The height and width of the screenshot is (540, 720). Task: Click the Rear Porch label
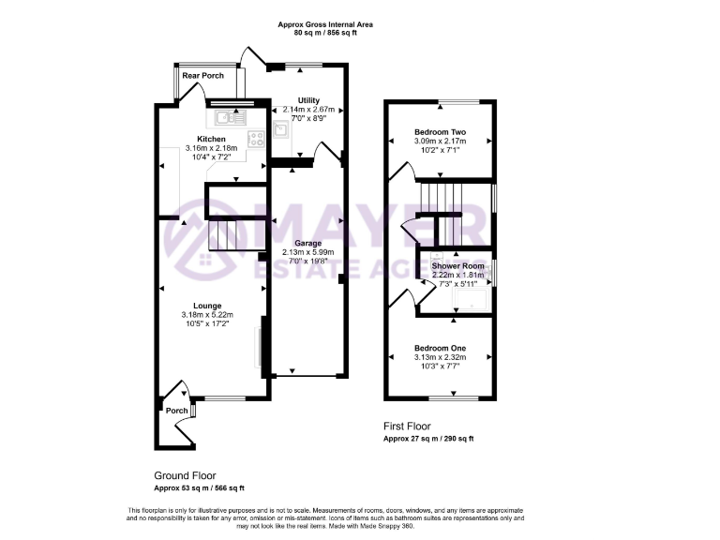(x=202, y=75)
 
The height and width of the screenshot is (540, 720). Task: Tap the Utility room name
(x=308, y=99)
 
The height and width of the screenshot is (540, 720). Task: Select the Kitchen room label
(x=211, y=139)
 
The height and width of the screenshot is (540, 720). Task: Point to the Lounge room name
(x=207, y=305)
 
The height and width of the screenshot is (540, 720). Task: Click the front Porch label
(x=176, y=411)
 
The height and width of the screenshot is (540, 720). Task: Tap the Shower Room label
(x=458, y=266)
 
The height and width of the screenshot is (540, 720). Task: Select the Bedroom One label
(x=440, y=348)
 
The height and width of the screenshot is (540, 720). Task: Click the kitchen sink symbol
(x=228, y=117)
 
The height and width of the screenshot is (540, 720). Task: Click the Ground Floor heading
(x=186, y=476)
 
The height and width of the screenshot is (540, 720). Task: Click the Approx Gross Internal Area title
(x=325, y=24)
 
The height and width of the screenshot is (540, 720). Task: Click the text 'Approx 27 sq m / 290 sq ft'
(x=428, y=439)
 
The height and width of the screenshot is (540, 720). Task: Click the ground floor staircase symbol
(x=224, y=234)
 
